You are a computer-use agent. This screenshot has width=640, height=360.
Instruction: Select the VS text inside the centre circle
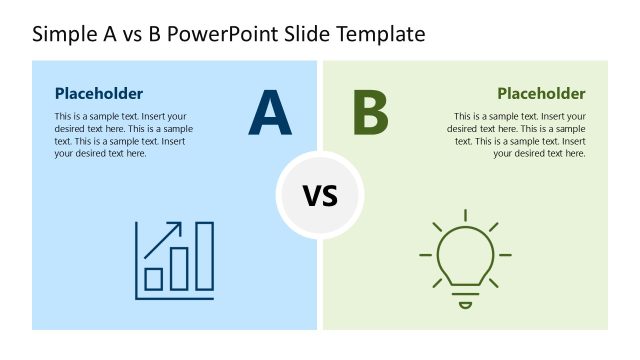[x=320, y=195]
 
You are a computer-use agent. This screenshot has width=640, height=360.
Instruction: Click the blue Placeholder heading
[x=98, y=93]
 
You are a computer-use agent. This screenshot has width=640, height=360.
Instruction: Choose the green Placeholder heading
[x=541, y=93]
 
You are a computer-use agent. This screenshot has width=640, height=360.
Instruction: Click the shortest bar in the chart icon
[x=154, y=277]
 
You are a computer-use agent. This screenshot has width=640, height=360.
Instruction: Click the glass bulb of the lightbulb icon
[x=464, y=255]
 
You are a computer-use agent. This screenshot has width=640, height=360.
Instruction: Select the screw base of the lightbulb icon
[x=464, y=297]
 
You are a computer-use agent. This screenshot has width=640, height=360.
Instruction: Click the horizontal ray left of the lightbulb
[x=426, y=256]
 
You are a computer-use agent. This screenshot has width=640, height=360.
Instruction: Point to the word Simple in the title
[x=62, y=34]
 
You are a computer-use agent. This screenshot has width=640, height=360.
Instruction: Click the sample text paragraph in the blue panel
[x=123, y=135]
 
